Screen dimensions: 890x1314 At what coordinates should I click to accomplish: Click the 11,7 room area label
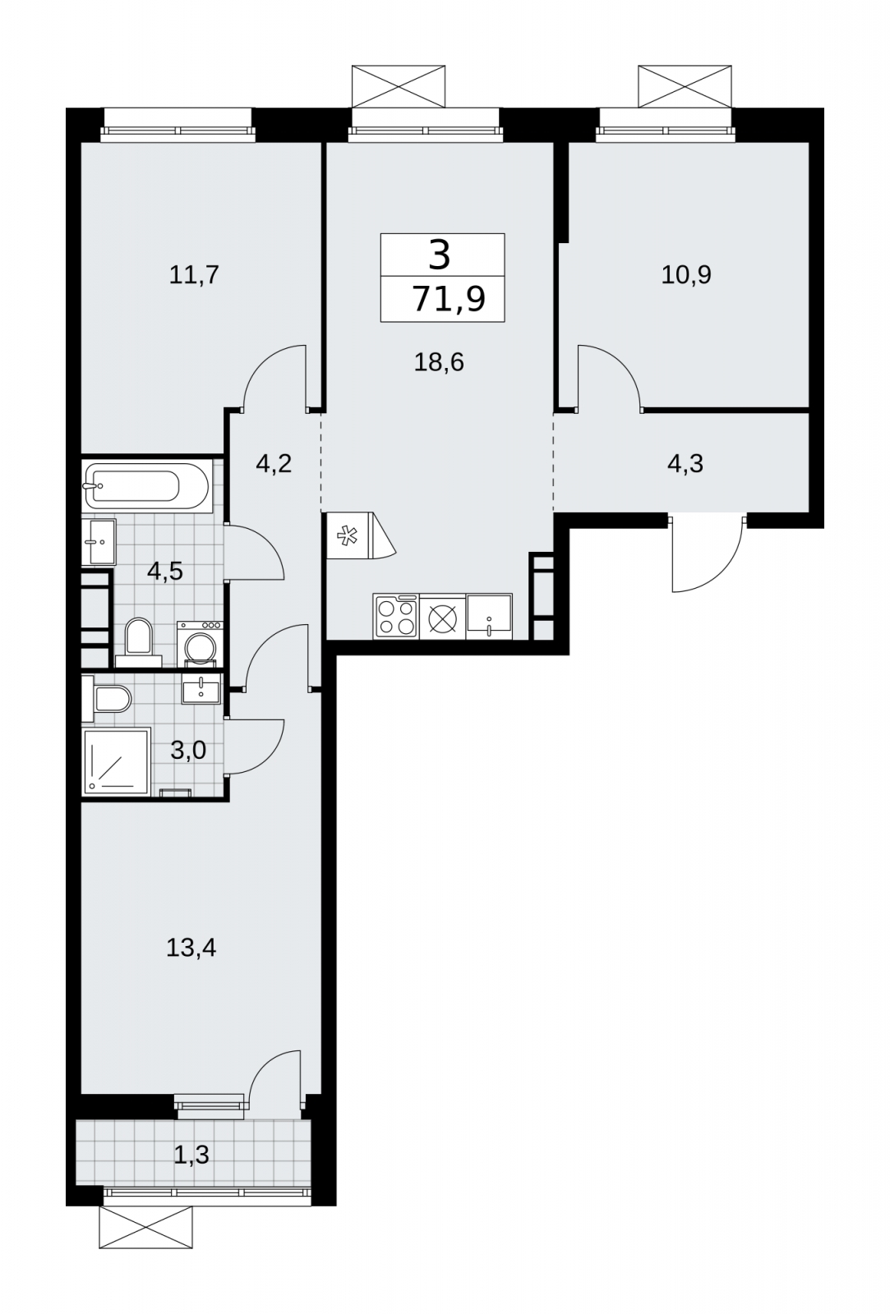194,274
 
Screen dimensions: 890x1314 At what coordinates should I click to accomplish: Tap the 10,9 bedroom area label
685,274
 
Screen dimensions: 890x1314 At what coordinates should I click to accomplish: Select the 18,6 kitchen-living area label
439,362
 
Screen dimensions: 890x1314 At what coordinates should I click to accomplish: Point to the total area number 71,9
449,299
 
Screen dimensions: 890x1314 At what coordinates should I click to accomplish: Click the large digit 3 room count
439,255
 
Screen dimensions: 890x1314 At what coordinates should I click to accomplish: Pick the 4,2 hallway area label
274,464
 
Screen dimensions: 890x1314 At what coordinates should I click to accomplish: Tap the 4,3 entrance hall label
685,464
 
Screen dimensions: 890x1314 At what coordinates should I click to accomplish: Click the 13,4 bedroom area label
191,948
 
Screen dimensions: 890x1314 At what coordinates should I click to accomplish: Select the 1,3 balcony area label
191,1155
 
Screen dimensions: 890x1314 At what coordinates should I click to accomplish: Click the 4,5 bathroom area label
165,570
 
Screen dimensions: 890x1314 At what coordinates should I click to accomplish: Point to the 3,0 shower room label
188,750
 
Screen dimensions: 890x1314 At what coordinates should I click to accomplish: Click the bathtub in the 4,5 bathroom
146,486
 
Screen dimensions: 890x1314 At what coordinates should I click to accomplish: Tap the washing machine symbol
200,644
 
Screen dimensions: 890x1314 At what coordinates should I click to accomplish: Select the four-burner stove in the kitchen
395,617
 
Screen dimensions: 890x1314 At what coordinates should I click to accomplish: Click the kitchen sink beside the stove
489,617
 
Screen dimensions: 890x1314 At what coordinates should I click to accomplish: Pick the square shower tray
117,762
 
